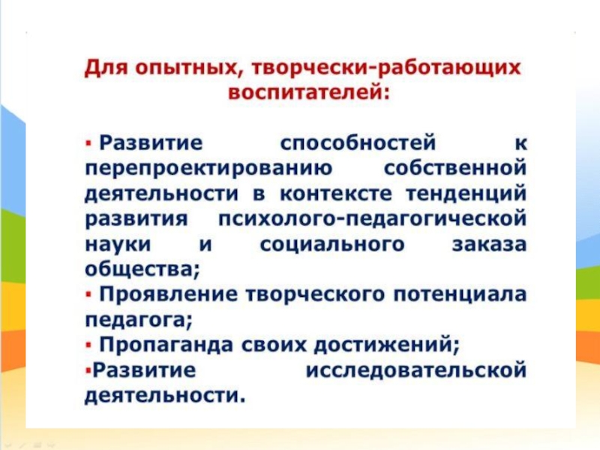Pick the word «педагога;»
tap(138, 319)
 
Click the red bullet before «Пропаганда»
tap(89, 345)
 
